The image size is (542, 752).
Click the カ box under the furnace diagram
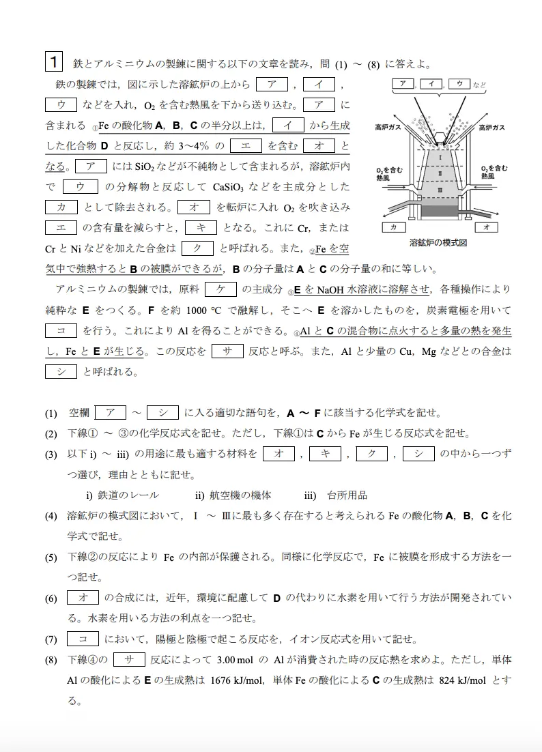(395, 226)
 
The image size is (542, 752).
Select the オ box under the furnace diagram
(486, 226)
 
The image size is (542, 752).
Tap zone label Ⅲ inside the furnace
(440, 189)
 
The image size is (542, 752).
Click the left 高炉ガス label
(387, 127)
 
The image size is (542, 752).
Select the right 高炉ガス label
(492, 127)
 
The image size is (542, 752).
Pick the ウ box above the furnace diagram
(459, 84)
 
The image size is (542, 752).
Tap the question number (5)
(51, 557)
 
